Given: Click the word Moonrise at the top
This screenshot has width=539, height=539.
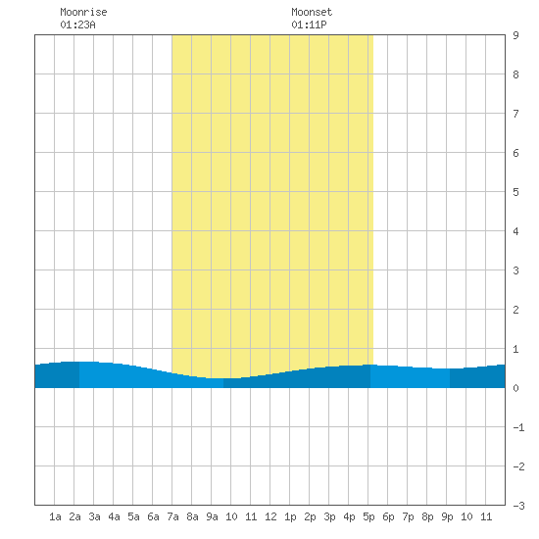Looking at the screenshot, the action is point(83,12).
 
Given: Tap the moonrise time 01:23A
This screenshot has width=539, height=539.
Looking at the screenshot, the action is point(77,24).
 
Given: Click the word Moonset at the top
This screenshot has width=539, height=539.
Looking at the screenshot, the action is point(312,12).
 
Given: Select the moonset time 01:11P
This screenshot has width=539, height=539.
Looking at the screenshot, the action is point(309,24).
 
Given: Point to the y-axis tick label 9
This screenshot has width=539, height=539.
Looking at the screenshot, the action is point(515,35).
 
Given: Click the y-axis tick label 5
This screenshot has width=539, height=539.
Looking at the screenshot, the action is point(515,192).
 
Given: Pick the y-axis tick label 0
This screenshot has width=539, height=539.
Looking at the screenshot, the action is point(515,388).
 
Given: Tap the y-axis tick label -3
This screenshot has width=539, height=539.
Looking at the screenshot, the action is point(518,506).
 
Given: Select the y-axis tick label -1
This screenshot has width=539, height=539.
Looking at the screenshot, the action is point(518,427).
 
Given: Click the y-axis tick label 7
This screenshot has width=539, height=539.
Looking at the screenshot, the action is point(515,114).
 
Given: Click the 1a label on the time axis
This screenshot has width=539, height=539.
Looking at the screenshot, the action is point(55,516).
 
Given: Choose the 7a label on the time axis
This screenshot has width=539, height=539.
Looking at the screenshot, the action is point(172,516).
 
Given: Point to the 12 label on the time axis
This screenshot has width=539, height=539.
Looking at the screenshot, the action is point(270,516).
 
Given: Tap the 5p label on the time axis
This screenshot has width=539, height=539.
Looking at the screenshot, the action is point(368,516).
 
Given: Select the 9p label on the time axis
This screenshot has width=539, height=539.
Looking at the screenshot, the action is point(447,516).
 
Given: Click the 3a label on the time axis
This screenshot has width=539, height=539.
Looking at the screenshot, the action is point(94,516).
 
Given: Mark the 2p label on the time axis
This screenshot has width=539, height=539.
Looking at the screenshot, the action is point(310,516).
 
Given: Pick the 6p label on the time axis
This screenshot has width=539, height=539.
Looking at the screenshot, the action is point(388,516).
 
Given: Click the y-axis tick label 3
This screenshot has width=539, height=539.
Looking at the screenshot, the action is point(515,270).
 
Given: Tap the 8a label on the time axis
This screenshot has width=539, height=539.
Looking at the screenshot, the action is point(192,516).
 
